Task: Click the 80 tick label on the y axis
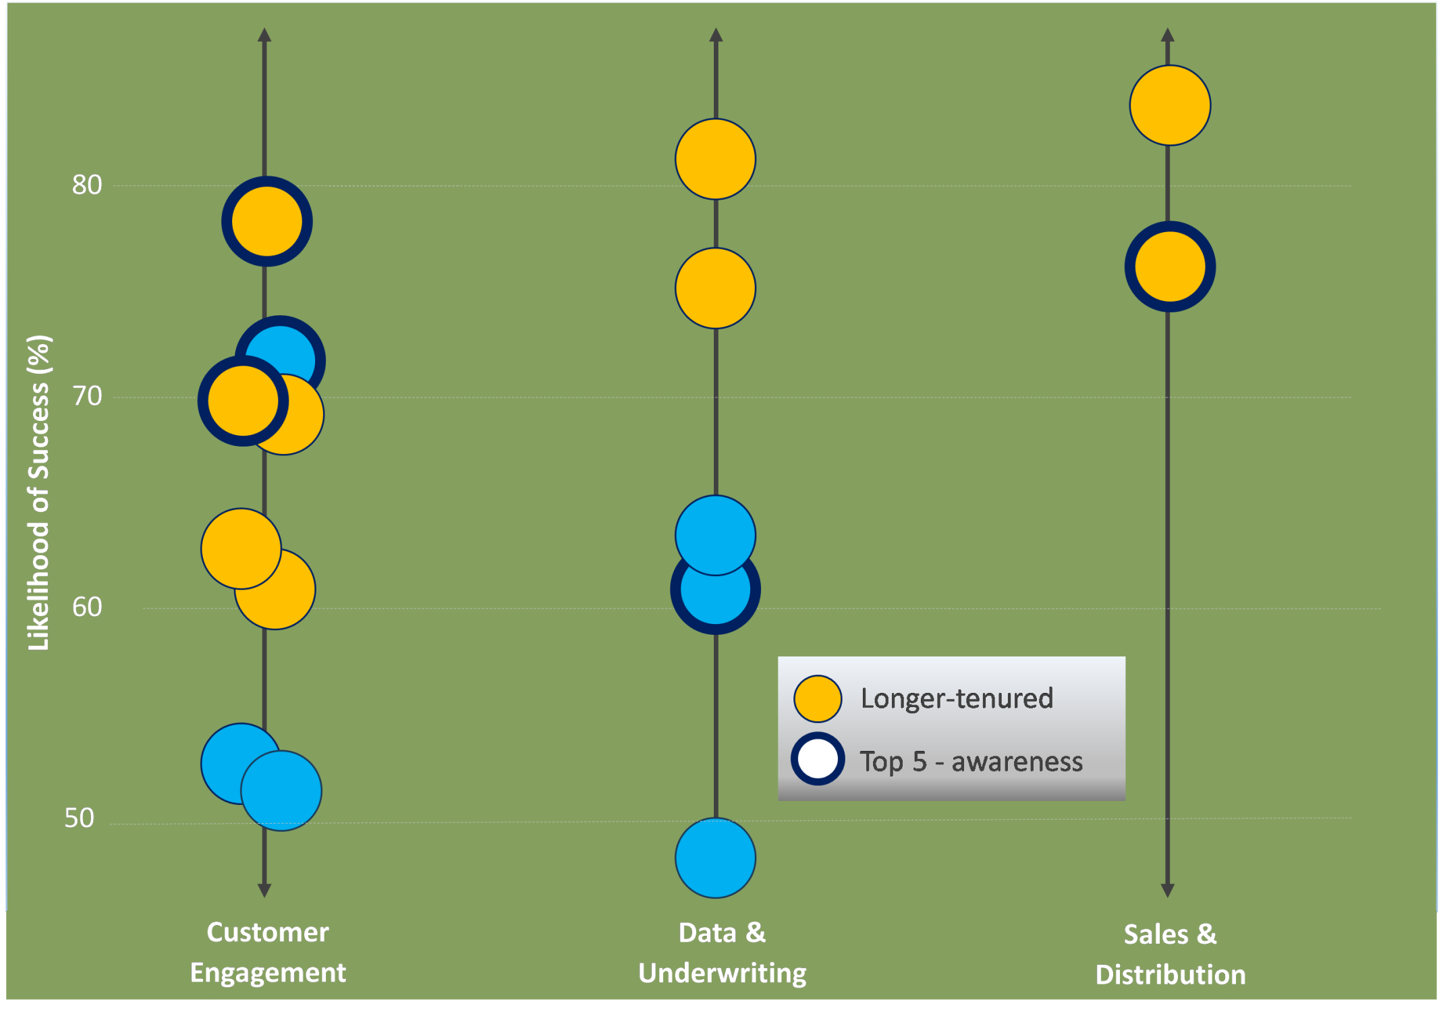[87, 185]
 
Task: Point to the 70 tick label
[87, 396]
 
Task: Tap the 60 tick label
[87, 607]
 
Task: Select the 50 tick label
[79, 818]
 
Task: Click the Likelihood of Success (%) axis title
[39, 493]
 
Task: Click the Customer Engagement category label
[268, 953]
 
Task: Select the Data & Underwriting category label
[723, 953]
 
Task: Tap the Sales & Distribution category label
[1170, 955]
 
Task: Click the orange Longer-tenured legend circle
[818, 699]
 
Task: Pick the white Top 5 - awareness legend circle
[818, 759]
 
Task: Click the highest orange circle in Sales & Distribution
[1170, 105]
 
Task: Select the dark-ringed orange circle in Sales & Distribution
[1170, 266]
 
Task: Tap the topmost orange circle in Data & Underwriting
[716, 159]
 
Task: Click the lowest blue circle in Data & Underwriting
[716, 858]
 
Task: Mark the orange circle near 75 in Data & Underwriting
[716, 288]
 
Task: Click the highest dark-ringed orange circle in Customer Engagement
[267, 221]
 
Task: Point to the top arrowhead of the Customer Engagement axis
[264, 35]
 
